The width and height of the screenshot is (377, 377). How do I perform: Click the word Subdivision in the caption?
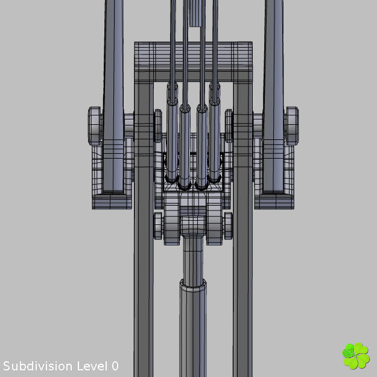click(39, 366)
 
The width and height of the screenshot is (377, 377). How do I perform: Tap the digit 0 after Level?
click(115, 366)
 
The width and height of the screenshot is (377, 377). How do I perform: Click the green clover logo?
click(355, 356)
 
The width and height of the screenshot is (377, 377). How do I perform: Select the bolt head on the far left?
click(94, 125)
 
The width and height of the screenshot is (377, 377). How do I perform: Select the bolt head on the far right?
click(292, 125)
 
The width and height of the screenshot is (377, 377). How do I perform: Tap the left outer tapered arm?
click(113, 90)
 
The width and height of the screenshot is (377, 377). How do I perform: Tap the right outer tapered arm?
click(273, 90)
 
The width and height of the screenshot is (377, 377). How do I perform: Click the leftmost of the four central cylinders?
click(172, 139)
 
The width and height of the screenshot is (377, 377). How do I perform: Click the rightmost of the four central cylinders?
click(215, 139)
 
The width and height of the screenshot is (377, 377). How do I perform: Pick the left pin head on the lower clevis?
click(159, 225)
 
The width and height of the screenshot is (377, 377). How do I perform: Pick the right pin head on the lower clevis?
click(228, 225)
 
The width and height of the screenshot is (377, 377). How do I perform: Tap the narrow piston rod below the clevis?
click(193, 259)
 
